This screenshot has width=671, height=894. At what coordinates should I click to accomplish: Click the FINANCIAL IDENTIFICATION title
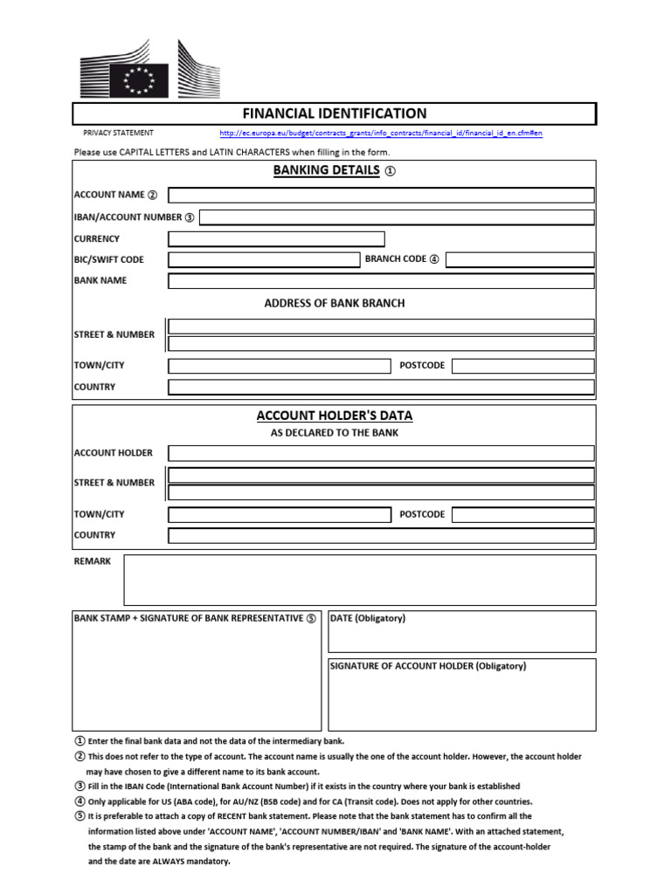click(334, 113)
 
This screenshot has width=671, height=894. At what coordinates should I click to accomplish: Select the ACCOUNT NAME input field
click(381, 195)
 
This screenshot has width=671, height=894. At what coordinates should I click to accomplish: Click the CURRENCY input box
click(276, 239)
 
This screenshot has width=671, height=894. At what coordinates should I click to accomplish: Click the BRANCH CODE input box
click(520, 259)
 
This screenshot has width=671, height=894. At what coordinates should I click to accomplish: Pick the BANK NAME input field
click(381, 281)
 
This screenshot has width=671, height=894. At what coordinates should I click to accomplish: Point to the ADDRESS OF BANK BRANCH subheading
click(335, 304)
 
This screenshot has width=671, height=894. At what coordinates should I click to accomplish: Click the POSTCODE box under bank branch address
click(523, 366)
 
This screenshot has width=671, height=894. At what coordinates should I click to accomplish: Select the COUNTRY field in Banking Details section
click(381, 387)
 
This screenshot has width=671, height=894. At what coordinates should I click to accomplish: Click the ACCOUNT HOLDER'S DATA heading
click(335, 416)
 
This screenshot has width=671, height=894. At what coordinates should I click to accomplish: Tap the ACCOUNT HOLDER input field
click(381, 453)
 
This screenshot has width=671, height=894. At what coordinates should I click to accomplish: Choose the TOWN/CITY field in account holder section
click(280, 515)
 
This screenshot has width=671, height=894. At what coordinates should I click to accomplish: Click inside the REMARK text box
click(360, 581)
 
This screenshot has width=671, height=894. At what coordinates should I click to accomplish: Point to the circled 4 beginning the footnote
click(80, 801)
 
